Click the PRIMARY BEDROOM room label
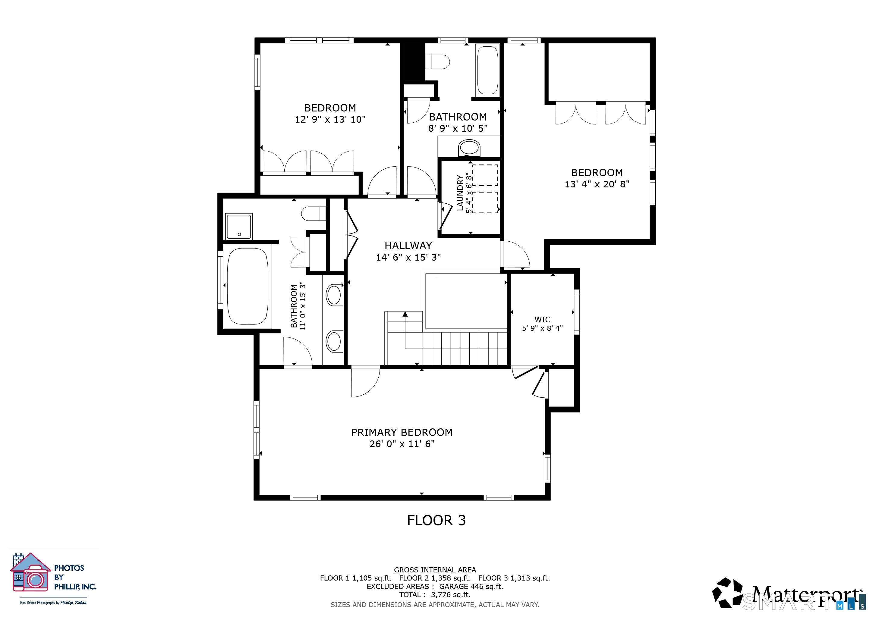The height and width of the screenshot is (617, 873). point(402,432)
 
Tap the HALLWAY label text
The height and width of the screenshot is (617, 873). point(408,246)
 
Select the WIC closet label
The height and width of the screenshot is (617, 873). point(542,320)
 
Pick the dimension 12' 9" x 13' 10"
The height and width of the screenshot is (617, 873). point(330,119)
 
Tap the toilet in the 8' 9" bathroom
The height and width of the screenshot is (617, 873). point(437,61)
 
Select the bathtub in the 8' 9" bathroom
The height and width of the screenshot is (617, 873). point(487,70)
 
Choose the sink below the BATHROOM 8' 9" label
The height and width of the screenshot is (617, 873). point(469,148)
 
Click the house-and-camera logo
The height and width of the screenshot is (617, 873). point(30,572)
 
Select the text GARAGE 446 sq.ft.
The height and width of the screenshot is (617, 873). point(471,587)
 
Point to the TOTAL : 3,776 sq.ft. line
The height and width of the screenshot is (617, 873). point(435,595)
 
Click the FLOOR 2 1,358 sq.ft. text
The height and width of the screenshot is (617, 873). point(435,578)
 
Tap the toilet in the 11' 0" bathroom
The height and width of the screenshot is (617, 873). point(313,214)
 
